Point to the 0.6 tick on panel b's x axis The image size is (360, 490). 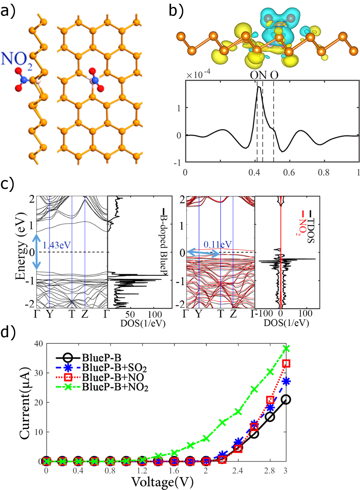tap(289, 172)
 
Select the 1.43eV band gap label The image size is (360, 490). tap(57, 245)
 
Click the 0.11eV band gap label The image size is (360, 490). tap(218, 244)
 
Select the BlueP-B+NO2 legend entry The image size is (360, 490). tap(115, 387)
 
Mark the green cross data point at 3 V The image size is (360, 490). tap(286, 348)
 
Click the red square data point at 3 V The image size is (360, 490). tap(286, 363)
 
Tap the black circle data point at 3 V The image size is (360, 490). tap(286, 399)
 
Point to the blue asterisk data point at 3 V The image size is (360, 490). tap(286, 382)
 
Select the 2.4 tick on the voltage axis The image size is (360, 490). tap(238, 470)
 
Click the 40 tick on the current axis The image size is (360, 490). tap(38, 344)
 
